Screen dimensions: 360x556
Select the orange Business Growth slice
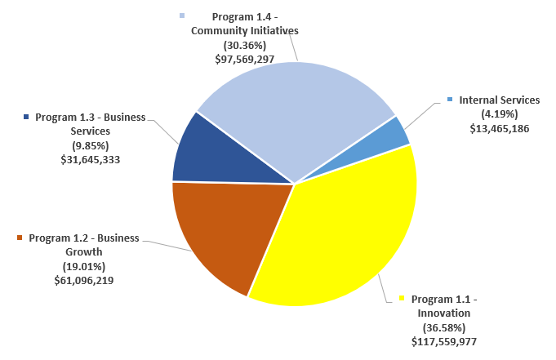click(x=220, y=229)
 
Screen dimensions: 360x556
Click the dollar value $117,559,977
click(x=444, y=342)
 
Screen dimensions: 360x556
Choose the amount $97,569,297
click(x=243, y=59)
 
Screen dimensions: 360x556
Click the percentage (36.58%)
click(x=444, y=327)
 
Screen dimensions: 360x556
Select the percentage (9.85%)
click(x=90, y=145)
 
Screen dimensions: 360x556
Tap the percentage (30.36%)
click(x=243, y=45)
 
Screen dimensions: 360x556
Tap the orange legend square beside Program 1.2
click(x=20, y=238)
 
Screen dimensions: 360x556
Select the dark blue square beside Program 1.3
click(x=27, y=117)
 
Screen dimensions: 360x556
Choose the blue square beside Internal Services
click(x=450, y=100)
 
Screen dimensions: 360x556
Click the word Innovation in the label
click(x=444, y=313)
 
